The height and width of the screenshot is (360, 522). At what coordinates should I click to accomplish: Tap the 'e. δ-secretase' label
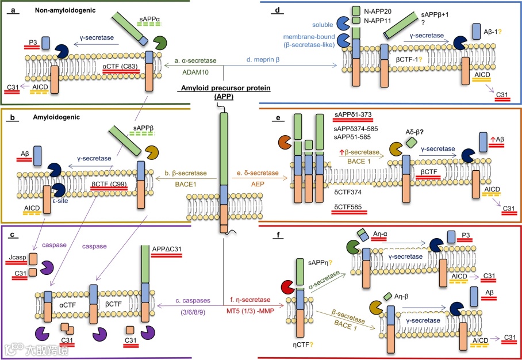pos(259,172)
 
